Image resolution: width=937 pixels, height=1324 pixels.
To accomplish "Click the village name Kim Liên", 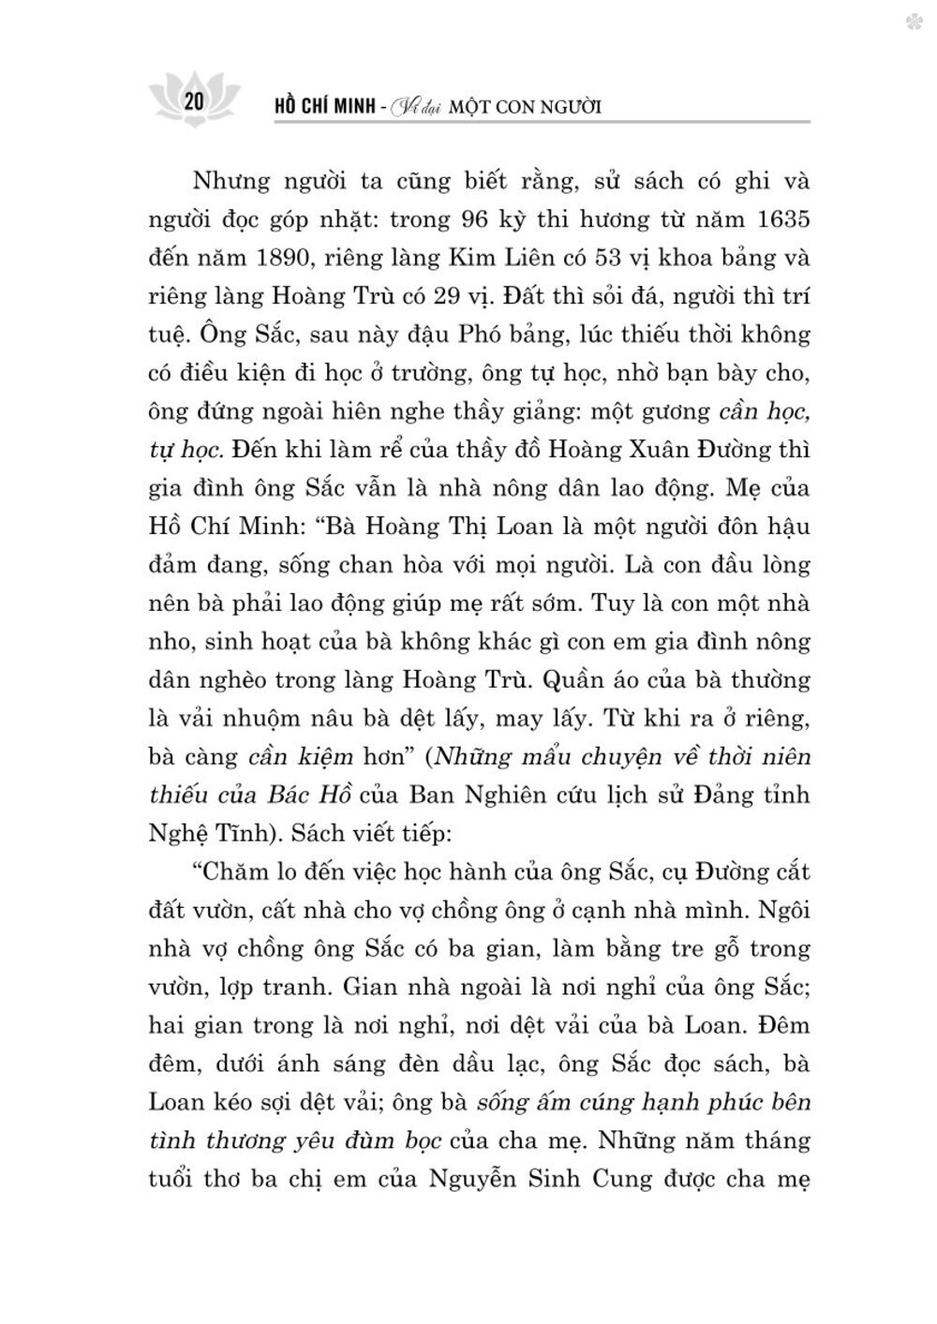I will tap(488, 259).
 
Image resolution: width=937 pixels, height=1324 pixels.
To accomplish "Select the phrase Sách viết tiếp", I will tap(380, 832).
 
